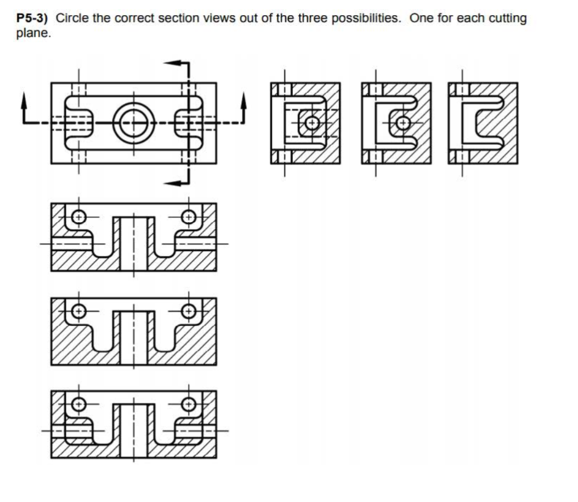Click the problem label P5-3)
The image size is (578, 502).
coord(32,19)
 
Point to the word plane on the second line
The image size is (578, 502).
coord(32,33)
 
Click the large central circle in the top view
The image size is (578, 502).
coord(134,124)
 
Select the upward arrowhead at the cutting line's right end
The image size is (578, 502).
coord(244,101)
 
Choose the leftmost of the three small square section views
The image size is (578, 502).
coord(305,123)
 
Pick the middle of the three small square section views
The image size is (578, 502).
coord(396,123)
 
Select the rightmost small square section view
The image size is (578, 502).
coord(483,123)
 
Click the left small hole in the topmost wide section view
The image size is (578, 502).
coord(78,216)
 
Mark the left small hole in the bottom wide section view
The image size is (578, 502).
coord(78,404)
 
